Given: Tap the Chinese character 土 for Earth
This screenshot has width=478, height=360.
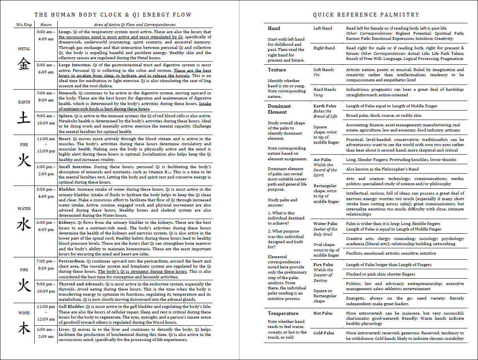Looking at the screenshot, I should [24, 117].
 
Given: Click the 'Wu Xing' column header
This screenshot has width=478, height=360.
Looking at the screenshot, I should [24, 24].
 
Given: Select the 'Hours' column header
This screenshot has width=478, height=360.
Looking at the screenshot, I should [46, 24].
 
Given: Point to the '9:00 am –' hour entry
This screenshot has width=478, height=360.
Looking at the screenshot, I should [45, 116].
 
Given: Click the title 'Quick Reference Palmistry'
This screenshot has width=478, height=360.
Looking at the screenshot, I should [366, 15].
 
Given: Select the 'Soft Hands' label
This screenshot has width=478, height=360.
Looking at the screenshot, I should [324, 70].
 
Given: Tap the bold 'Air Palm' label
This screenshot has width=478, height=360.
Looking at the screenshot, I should [322, 160].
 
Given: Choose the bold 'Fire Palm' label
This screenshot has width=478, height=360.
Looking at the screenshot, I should [323, 265].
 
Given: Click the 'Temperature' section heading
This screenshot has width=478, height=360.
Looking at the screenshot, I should [283, 313].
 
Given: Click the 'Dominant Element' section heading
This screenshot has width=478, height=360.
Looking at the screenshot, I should [279, 109].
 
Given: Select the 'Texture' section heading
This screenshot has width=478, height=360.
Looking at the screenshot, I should [277, 70].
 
